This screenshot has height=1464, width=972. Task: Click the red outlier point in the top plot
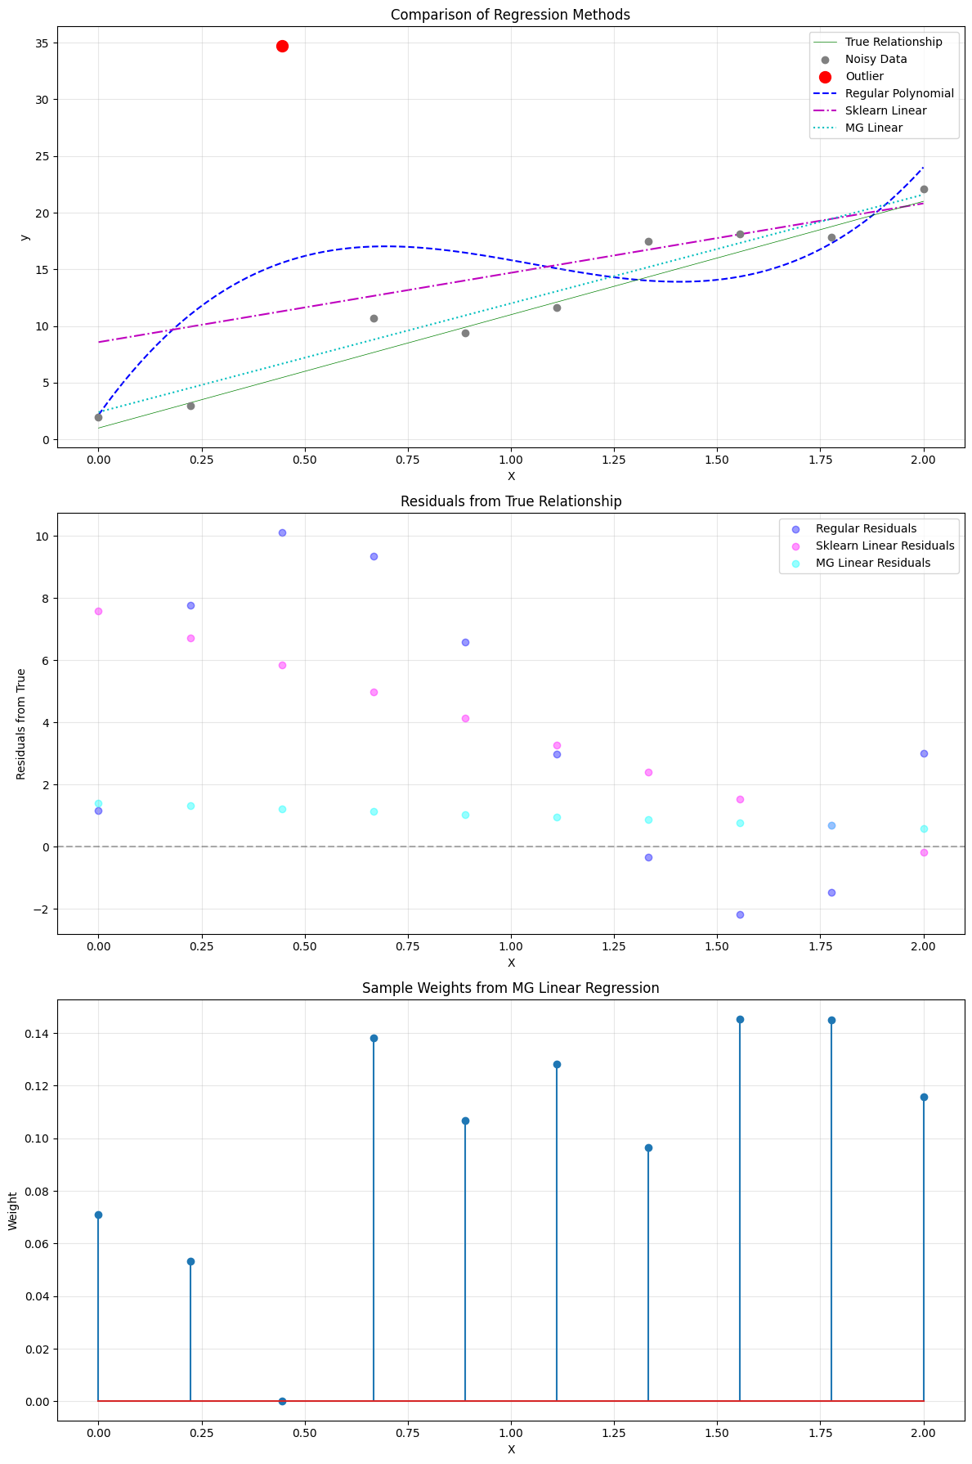click(x=282, y=46)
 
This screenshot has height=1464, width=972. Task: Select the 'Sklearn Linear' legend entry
click(x=885, y=110)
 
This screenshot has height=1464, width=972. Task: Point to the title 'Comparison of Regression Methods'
click(x=510, y=15)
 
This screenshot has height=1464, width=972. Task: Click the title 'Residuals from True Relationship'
click(x=510, y=501)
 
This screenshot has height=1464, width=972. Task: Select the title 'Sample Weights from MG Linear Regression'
click(x=510, y=988)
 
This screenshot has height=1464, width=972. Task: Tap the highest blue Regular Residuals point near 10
click(x=282, y=532)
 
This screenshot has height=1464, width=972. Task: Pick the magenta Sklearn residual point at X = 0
click(x=98, y=611)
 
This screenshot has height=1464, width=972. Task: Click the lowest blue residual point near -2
click(x=740, y=914)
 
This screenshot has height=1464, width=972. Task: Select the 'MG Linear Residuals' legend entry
click(x=873, y=563)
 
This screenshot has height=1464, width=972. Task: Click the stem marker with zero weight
click(x=282, y=1401)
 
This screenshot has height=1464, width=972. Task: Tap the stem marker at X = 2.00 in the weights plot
click(x=924, y=1097)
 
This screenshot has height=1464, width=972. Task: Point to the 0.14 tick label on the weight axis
click(x=35, y=1034)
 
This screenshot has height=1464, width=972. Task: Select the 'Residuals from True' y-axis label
click(x=21, y=724)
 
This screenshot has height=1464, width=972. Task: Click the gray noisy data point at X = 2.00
click(x=924, y=189)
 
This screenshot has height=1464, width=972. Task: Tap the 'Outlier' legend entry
click(x=864, y=76)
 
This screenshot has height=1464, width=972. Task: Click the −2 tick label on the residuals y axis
click(x=40, y=909)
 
